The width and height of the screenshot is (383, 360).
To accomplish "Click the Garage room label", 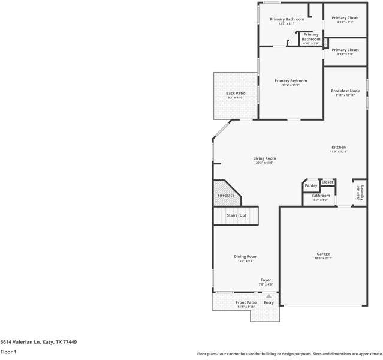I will [323, 254].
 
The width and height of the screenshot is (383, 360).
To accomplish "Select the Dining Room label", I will [245, 256].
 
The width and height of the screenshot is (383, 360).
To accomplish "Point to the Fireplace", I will [226, 195].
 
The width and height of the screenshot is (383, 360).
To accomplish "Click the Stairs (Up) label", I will [236, 215].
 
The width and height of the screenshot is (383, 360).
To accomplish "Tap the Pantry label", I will [311, 185].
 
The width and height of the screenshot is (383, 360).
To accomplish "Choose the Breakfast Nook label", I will [345, 91].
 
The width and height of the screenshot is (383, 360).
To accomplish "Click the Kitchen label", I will [339, 147].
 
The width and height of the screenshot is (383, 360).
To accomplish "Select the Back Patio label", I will [236, 93].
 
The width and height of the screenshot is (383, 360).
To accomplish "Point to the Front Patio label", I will [246, 302].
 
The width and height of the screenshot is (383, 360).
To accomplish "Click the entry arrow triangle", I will [269, 296].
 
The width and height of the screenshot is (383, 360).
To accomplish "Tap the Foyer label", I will [266, 280].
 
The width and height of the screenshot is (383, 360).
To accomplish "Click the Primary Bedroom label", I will [291, 81].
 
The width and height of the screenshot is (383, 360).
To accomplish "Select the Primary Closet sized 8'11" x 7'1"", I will [345, 18].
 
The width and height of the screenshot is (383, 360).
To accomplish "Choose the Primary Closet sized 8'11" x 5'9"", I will [345, 50].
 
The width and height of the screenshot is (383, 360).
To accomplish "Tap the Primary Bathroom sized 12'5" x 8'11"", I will [287, 19].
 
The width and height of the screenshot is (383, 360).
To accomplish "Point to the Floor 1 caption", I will [8, 352].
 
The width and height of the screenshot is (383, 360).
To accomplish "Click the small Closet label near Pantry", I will [327, 182].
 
